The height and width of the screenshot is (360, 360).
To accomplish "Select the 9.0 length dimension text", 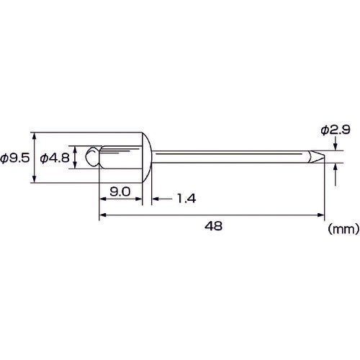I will tap(120, 192).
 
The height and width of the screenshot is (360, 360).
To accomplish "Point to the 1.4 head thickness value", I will tap(186, 197).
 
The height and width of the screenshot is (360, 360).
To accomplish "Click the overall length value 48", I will tap(212, 225).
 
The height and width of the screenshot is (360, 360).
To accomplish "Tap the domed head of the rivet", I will tap(147, 158).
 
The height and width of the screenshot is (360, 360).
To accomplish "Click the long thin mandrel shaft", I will tap(230, 157).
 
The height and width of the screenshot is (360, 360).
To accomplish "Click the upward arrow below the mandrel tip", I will tap(336, 167).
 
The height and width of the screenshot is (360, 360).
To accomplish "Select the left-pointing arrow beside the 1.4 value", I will tap(157, 197).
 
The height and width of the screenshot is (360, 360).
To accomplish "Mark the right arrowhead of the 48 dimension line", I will tap(320, 214).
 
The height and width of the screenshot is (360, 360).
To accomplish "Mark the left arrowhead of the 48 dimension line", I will tap(102, 214).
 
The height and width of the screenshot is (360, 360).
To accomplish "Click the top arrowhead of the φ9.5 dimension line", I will tap(34, 137).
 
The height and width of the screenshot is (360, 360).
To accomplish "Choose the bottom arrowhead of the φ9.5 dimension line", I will tap(34, 180).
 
